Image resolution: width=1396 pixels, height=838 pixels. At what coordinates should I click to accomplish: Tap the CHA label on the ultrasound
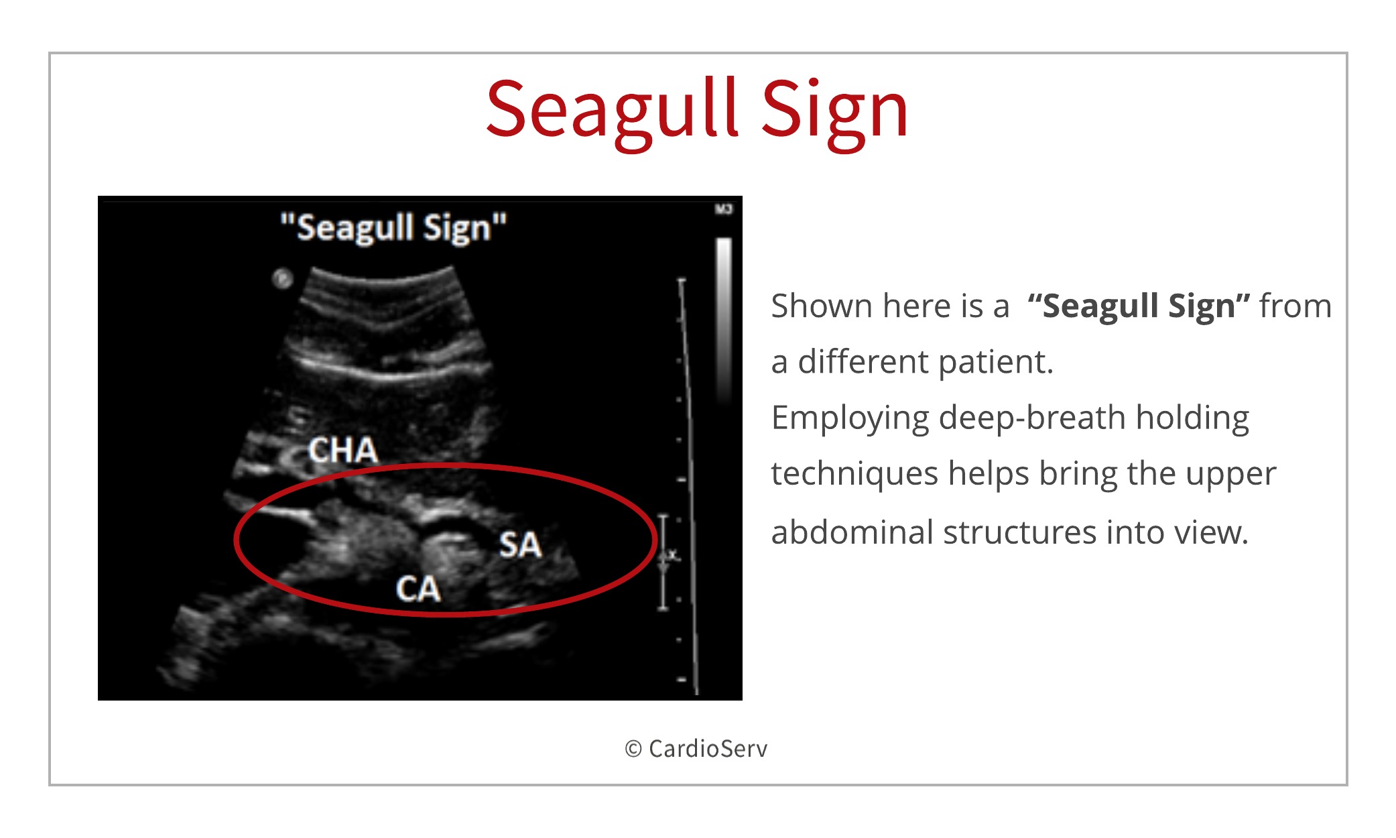pos(343,450)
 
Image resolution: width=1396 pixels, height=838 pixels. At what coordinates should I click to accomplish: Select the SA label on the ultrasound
pos(520,544)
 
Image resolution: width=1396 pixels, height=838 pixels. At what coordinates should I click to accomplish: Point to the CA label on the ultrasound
pos(418,589)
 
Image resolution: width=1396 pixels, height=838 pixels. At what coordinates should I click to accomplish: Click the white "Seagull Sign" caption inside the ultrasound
pos(393,228)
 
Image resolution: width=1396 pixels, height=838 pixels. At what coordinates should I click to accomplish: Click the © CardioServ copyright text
pos(696,748)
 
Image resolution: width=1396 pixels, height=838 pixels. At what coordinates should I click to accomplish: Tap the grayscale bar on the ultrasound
pos(724,320)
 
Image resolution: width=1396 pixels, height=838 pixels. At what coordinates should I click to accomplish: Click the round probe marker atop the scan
pos(283,278)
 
